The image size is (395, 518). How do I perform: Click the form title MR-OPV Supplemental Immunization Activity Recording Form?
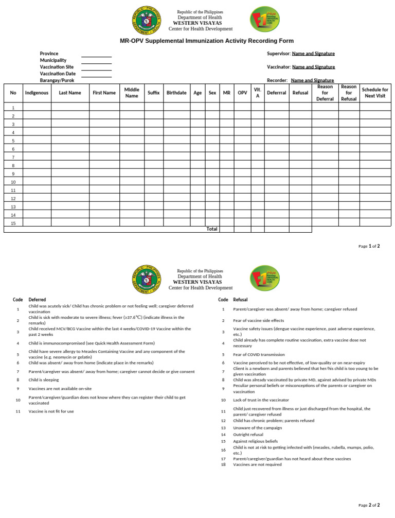tap(207, 41)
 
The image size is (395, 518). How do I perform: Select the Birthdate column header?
tap(176, 93)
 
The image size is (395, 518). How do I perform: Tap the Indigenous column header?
tap(37, 93)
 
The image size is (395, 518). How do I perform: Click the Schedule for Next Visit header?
tap(375, 93)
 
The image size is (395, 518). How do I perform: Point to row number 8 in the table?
tap(13, 165)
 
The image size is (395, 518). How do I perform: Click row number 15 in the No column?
tap(13, 223)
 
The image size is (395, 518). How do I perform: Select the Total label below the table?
tap(211, 229)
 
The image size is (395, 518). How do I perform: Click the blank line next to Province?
tap(96, 54)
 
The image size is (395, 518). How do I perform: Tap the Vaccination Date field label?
tap(58, 74)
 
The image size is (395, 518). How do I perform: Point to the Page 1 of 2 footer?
tap(369, 247)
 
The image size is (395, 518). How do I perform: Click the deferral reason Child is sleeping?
tap(44, 379)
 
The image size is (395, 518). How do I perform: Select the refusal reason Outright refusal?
tap(248, 435)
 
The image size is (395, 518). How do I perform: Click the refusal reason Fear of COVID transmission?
tap(259, 354)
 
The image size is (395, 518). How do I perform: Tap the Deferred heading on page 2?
tap(37, 300)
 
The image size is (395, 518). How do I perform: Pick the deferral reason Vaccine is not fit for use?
tap(51, 411)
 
